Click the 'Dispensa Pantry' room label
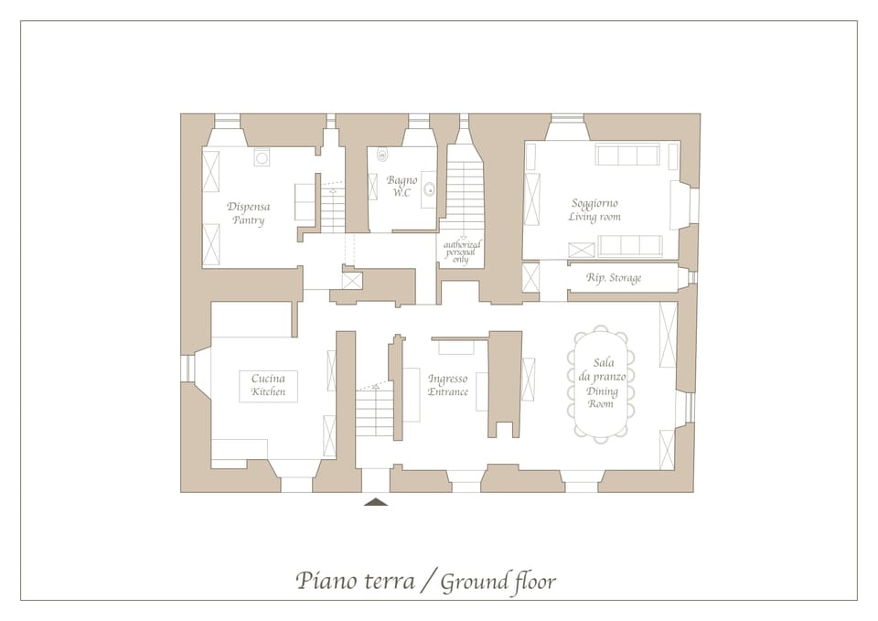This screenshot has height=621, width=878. click(248, 213)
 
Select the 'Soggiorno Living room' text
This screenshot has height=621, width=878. click(594, 209)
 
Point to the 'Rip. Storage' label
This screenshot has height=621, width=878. click(614, 278)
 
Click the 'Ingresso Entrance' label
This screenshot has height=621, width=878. click(448, 385)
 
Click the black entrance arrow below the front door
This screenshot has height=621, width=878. click(376, 501)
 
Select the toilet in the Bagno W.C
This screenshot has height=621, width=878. click(382, 156)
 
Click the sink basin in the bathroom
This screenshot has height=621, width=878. click(427, 190)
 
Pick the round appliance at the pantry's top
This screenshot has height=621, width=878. click(262, 158)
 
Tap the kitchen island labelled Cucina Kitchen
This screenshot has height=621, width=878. click(268, 385)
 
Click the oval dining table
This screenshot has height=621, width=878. click(601, 385)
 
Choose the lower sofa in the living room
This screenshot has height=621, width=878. click(630, 245)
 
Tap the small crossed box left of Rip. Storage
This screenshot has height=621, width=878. click(530, 277)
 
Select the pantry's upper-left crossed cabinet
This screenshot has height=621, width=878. click(211, 172)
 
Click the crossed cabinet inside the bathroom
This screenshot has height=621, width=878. click(373, 186)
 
